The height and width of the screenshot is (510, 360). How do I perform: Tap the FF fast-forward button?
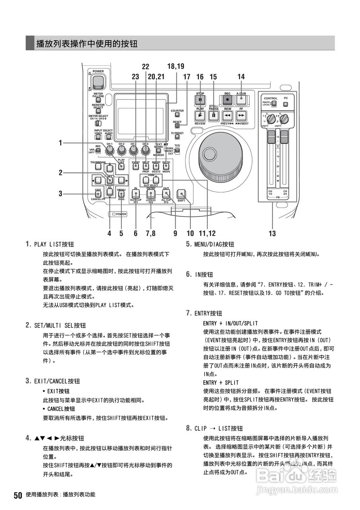tap(241, 116)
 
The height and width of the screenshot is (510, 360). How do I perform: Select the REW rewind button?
tap(227, 116)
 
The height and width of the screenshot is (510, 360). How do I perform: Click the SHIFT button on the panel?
tap(182, 194)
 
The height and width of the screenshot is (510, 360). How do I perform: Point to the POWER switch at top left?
tap(98, 82)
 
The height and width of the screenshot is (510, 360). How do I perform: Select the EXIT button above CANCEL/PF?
tap(98, 194)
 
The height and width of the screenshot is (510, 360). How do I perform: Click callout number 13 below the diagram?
tap(272, 234)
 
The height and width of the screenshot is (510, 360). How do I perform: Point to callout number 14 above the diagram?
tap(241, 76)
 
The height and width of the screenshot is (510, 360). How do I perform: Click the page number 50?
tap(18, 495)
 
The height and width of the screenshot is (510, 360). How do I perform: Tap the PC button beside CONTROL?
tap(286, 104)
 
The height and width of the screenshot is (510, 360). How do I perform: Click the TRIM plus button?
tap(156, 180)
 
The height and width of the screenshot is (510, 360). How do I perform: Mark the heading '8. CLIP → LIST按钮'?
tap(214, 428)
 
